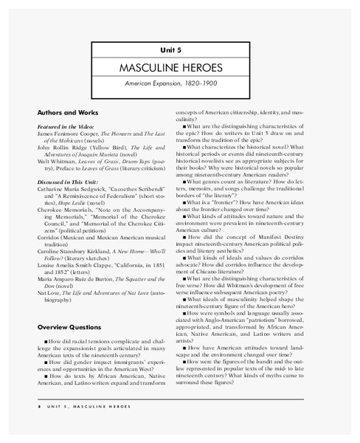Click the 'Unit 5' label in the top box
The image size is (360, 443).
coord(181,49)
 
